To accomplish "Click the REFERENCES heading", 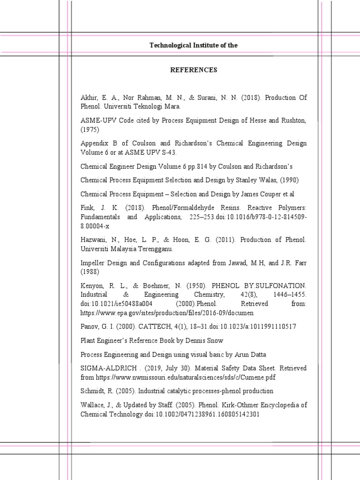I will click(x=193, y=70).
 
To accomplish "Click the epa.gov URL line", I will click(x=167, y=312).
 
